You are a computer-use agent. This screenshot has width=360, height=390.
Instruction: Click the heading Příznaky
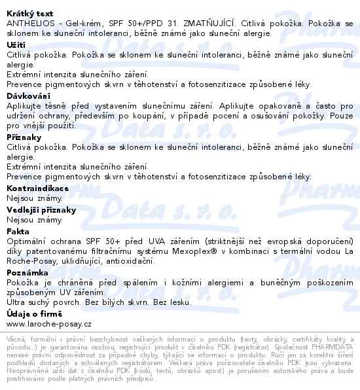coord(24,137)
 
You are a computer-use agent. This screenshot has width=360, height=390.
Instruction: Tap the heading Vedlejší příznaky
coord(41,210)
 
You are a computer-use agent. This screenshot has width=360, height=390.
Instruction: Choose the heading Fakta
coord(18,231)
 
